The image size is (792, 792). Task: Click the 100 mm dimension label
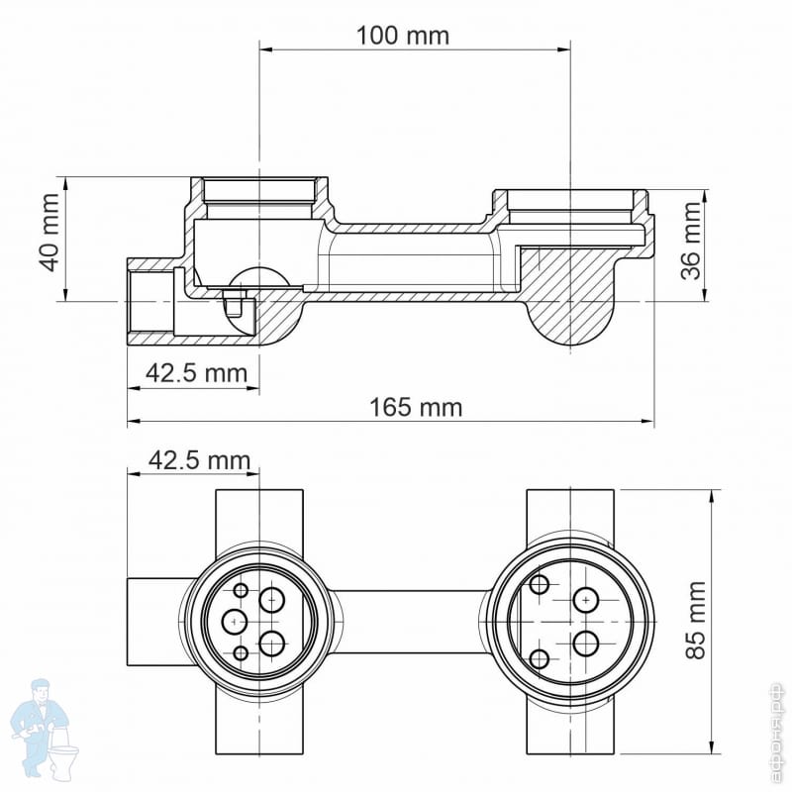(x=403, y=36)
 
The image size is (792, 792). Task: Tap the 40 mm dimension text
(x=50, y=232)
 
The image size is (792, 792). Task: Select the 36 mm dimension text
(x=690, y=241)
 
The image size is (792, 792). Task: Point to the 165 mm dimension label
(x=416, y=407)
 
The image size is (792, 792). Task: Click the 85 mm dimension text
(x=696, y=620)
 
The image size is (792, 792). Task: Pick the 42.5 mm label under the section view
(x=196, y=373)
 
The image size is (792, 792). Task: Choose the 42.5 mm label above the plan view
(x=200, y=460)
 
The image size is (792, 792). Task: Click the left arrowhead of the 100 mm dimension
(x=266, y=49)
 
